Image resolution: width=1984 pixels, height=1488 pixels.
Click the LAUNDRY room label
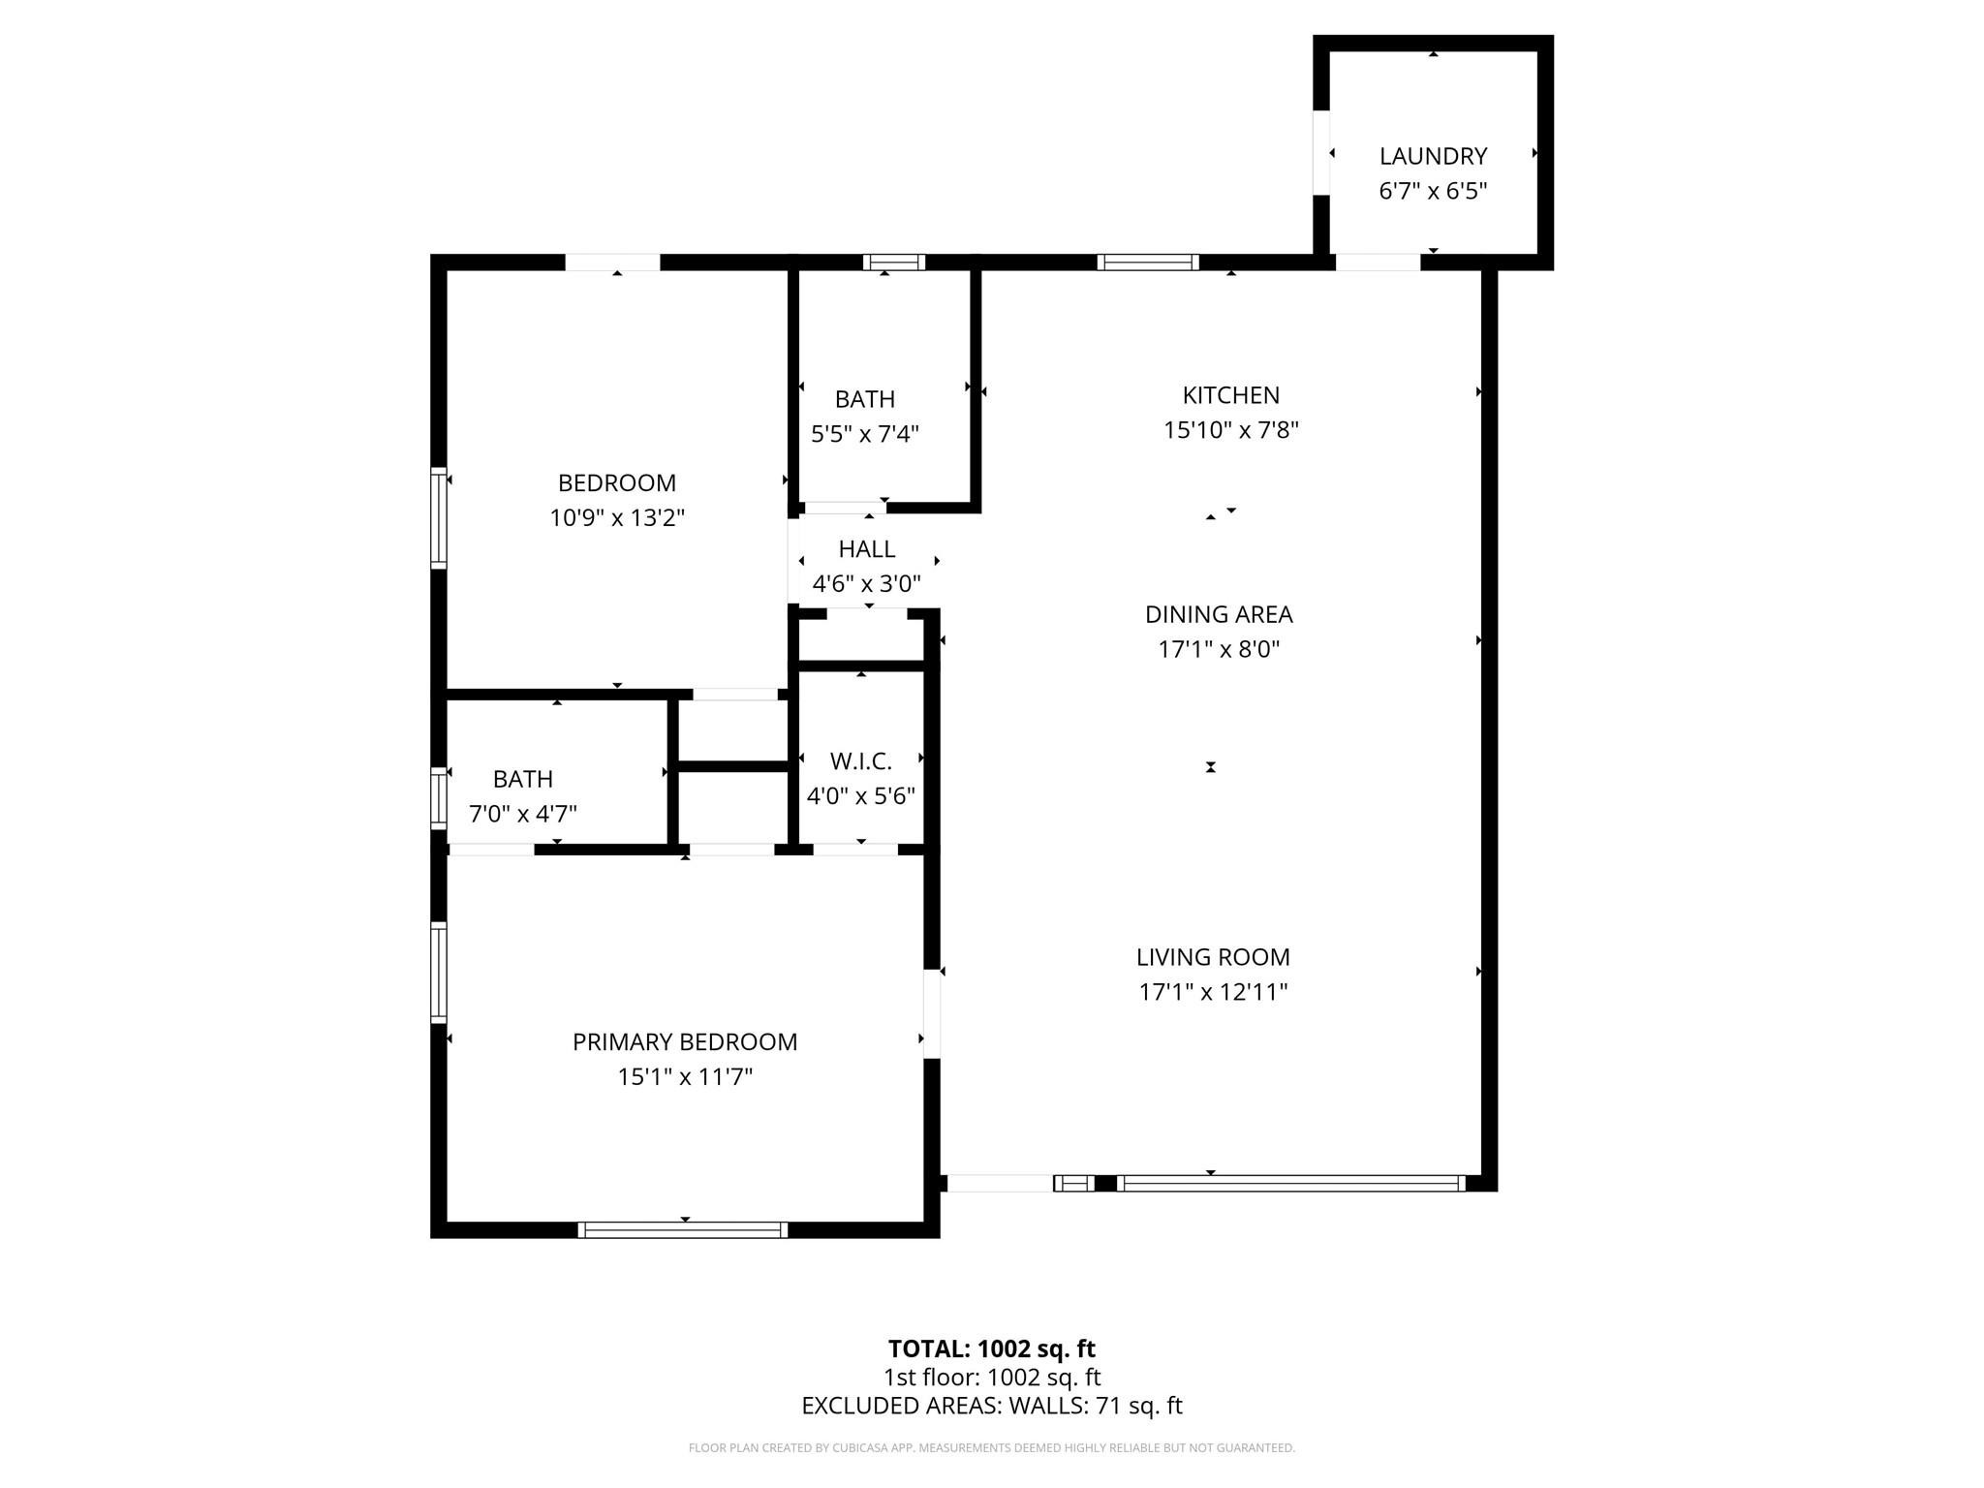[1433, 156]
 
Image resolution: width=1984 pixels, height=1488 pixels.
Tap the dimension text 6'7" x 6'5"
[1433, 191]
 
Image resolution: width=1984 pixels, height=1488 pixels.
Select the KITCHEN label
[1230, 395]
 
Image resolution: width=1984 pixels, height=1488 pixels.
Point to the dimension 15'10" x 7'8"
[1230, 430]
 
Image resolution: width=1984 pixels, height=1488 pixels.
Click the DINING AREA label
[1219, 614]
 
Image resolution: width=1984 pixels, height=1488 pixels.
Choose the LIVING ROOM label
[1213, 957]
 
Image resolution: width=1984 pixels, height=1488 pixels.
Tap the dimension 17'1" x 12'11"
[1213, 992]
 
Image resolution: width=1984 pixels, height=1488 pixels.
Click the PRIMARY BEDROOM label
[685, 1042]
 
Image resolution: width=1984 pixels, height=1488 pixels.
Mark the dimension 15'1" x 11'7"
[685, 1077]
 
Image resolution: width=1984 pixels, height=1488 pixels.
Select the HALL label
[866, 549]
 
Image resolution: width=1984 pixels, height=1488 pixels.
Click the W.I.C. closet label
[860, 761]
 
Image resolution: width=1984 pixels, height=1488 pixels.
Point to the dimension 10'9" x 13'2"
[617, 518]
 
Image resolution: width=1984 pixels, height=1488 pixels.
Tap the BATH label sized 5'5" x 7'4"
[864, 399]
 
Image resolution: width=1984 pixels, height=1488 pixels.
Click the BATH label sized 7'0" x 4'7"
[523, 779]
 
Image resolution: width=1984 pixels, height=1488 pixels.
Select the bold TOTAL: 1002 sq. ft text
[991, 1348]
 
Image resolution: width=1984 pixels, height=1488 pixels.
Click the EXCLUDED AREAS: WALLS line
[991, 1406]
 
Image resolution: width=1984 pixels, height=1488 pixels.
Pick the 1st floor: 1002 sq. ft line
[991, 1378]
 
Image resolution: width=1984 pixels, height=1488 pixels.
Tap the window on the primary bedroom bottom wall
[683, 1230]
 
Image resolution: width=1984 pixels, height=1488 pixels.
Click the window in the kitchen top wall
[1148, 262]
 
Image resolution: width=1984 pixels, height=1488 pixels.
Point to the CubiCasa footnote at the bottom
[991, 1448]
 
